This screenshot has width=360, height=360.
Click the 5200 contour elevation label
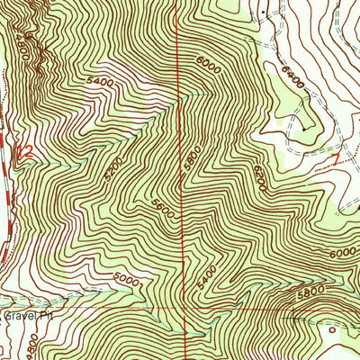pyautogui.click(x=112, y=166)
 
